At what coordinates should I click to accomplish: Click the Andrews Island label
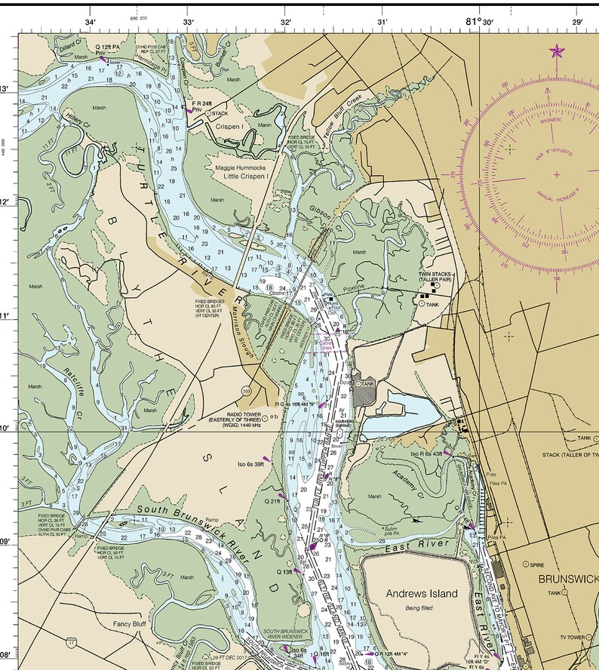click(422, 594)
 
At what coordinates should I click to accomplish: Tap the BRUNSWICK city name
click(568, 579)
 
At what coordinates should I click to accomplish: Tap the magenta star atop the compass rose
click(557, 51)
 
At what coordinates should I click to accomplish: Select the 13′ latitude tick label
click(5, 89)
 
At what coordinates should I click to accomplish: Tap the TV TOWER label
click(572, 638)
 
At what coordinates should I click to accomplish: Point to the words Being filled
click(422, 607)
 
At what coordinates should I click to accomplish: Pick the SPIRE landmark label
click(537, 564)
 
